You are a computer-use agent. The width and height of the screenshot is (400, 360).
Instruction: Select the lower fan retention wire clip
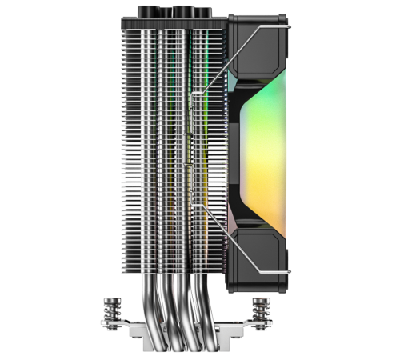240,240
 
